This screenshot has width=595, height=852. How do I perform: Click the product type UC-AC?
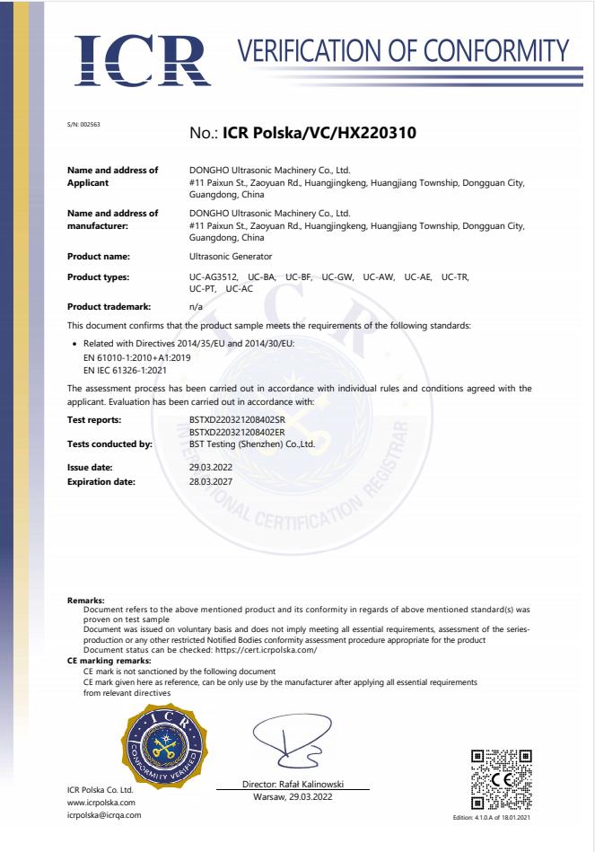(238, 288)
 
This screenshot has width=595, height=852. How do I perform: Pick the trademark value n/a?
(196, 307)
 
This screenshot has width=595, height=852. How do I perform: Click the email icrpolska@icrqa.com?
(104, 814)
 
